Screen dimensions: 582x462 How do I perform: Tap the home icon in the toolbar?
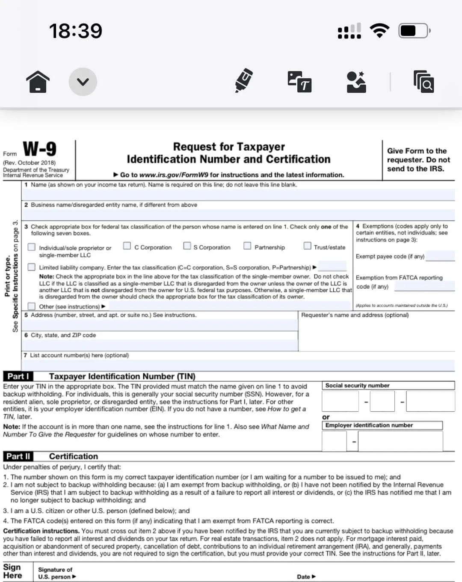pyautogui.click(x=38, y=81)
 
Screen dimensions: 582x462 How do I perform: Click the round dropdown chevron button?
pyautogui.click(x=83, y=81)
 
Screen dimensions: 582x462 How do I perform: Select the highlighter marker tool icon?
pyautogui.click(x=244, y=80)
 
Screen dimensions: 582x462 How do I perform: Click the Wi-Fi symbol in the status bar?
pyautogui.click(x=379, y=31)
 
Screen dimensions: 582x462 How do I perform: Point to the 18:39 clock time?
pyautogui.click(x=76, y=31)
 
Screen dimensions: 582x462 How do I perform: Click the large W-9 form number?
pyautogui.click(x=39, y=149)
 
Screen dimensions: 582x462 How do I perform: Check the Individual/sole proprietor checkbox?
pyautogui.click(x=32, y=247)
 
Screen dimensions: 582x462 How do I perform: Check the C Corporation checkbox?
pyautogui.click(x=127, y=246)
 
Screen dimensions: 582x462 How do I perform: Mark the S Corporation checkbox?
pyautogui.click(x=187, y=246)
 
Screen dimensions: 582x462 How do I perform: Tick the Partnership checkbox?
pyautogui.click(x=247, y=246)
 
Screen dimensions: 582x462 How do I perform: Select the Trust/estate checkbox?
pyautogui.click(x=307, y=246)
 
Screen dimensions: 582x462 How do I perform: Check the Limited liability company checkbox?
pyautogui.click(x=32, y=267)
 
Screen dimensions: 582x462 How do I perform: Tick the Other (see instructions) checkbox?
pyautogui.click(x=32, y=306)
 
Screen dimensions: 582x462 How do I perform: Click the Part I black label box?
pyautogui.click(x=18, y=376)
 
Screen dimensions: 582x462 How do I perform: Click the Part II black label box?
pyautogui.click(x=18, y=456)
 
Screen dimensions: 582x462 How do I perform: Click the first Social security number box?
pyautogui.click(x=340, y=401)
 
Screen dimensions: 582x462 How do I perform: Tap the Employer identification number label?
pyautogui.click(x=369, y=425)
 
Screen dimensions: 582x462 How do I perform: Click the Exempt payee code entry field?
pyautogui.click(x=440, y=256)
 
